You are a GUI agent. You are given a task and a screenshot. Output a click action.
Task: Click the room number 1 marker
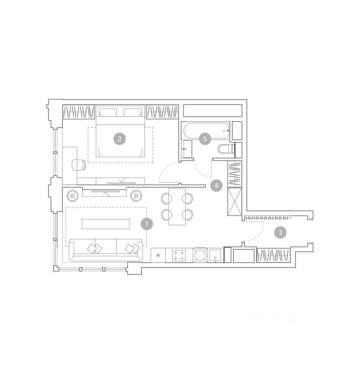pyautogui.click(x=147, y=224)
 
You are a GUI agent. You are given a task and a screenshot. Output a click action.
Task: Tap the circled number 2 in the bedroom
pyautogui.click(x=120, y=139)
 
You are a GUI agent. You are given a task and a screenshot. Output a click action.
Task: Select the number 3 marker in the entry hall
pyautogui.click(x=280, y=232)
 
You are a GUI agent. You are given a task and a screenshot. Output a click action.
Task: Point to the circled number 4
pyautogui.click(x=216, y=186)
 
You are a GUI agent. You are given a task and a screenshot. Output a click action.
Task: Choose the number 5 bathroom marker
pyautogui.click(x=205, y=139)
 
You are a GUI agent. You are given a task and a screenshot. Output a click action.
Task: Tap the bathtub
pyautogui.click(x=207, y=130)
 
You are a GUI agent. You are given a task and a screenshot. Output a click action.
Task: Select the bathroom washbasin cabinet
pyautogui.click(x=187, y=149)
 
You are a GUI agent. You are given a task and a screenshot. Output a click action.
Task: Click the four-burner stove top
pyautogui.click(x=179, y=255)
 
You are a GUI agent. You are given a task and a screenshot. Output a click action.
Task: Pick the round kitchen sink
pyautogui.click(x=200, y=255)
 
